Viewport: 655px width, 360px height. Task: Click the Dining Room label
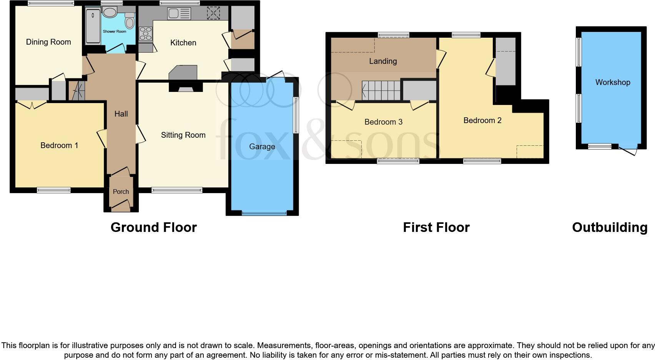click(48, 42)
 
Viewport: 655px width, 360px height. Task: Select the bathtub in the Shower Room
click(93, 26)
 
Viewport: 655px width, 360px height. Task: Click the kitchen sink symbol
click(179, 14)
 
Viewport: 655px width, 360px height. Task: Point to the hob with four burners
click(146, 34)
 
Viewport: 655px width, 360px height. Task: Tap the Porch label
click(121, 192)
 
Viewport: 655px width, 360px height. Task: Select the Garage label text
click(262, 147)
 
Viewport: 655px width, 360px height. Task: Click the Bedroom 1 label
click(59, 145)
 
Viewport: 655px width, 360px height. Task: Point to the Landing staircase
click(381, 90)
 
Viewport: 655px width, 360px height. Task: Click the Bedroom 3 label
click(383, 122)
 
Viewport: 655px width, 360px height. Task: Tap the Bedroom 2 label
click(482, 120)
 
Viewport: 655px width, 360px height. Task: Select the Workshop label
click(613, 82)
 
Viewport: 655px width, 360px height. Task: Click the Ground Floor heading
click(153, 227)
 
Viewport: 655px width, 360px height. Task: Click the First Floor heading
click(436, 227)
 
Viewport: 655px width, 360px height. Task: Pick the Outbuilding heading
click(610, 227)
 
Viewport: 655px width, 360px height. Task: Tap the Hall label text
click(121, 114)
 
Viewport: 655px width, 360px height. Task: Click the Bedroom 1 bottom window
click(53, 190)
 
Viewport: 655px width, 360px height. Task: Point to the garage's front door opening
click(264, 213)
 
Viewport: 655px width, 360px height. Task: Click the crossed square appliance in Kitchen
click(213, 13)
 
